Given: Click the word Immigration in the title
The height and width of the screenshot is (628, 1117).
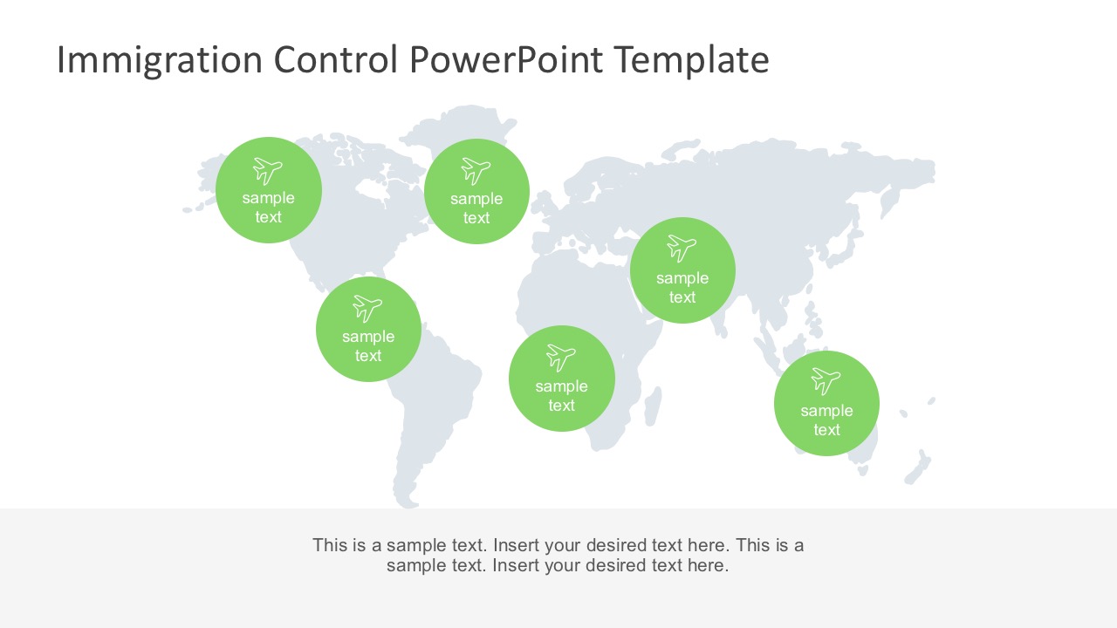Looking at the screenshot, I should click(x=159, y=61).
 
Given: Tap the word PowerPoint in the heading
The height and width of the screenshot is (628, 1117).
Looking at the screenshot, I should click(x=505, y=61).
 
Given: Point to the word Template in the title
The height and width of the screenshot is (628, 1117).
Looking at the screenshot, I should click(x=690, y=61).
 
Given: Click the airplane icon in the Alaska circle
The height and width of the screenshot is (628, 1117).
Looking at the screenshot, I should click(x=268, y=170).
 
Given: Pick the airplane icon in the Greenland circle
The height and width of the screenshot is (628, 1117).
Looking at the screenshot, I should click(x=476, y=170).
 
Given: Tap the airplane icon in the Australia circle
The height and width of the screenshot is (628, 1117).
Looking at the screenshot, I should click(x=826, y=381).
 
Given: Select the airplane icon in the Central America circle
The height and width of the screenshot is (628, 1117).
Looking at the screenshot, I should click(x=367, y=308).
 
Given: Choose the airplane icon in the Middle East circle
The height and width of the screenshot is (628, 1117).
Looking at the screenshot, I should click(x=682, y=249).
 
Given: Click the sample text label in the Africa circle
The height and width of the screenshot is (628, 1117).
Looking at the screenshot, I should click(x=561, y=396).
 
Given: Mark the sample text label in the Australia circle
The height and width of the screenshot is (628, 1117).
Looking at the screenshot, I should click(x=826, y=420).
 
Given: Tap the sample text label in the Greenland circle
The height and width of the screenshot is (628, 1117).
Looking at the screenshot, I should click(x=476, y=208).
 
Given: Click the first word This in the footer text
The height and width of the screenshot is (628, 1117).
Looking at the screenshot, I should click(x=331, y=546).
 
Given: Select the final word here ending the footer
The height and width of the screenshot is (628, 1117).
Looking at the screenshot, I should click(x=708, y=565).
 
